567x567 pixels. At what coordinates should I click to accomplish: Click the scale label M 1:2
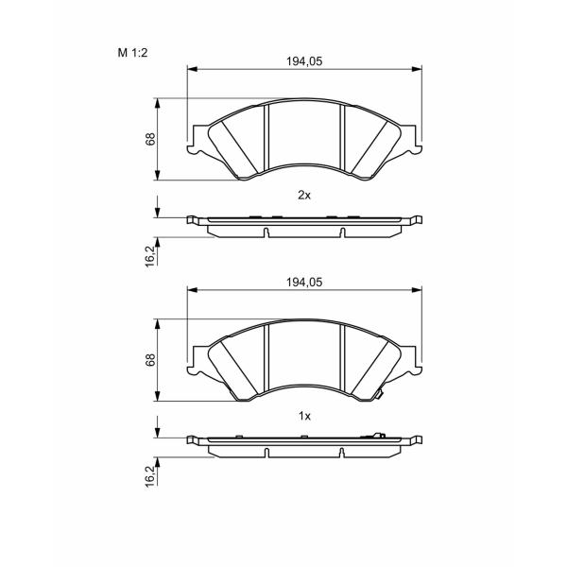point(132,53)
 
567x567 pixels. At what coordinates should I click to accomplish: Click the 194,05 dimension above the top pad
point(304,61)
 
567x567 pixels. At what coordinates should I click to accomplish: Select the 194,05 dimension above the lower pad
point(304,282)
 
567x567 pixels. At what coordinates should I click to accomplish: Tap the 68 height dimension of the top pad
point(150,139)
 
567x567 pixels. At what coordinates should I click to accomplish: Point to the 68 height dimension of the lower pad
point(150,360)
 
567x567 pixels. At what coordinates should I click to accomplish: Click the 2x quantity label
point(304,196)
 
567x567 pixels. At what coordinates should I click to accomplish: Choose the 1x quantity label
point(304,416)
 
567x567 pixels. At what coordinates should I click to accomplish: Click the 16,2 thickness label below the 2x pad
point(150,255)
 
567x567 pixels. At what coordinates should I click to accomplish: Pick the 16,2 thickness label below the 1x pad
point(150,475)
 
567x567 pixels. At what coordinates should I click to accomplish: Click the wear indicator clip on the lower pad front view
point(379,394)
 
